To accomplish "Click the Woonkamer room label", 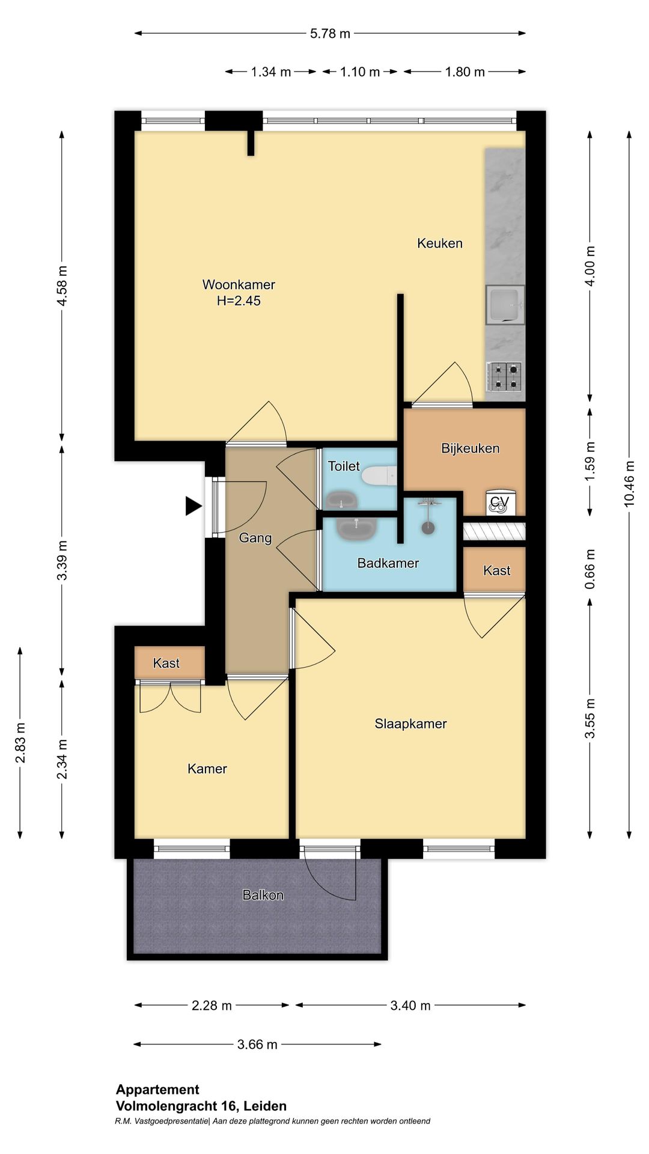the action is tap(239, 284).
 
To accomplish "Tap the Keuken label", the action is tap(440, 243).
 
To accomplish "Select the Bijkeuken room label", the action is tap(470, 448).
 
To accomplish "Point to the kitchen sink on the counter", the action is tap(505, 305).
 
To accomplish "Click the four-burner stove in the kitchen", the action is tap(505, 376).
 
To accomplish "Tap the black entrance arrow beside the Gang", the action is tap(193, 506).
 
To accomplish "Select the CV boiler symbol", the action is tap(499, 503).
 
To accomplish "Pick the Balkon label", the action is tap(263, 895).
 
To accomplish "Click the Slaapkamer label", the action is tap(410, 724).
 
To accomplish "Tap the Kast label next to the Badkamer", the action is tap(496, 570).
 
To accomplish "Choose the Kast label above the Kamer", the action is tap(166, 663).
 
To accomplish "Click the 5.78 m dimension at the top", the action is tap(330, 34).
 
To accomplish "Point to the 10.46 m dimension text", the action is tap(629, 483).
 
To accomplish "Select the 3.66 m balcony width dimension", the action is tap(257, 1045).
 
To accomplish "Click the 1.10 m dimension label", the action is tap(359, 72).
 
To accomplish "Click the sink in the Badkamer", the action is tap(356, 528).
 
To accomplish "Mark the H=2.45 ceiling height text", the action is tap(239, 301).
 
